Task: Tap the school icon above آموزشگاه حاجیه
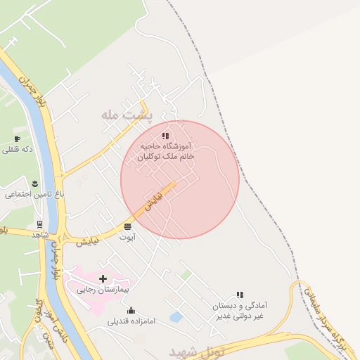click(165, 136)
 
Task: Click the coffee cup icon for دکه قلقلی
click(17, 139)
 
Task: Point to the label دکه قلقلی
click(18, 149)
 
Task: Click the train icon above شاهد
click(39, 225)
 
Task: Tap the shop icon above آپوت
click(127, 226)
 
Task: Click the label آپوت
click(127, 237)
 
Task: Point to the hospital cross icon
click(103, 279)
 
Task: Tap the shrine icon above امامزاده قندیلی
click(130, 310)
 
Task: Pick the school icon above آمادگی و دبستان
click(240, 295)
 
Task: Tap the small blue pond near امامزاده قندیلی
click(176, 317)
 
